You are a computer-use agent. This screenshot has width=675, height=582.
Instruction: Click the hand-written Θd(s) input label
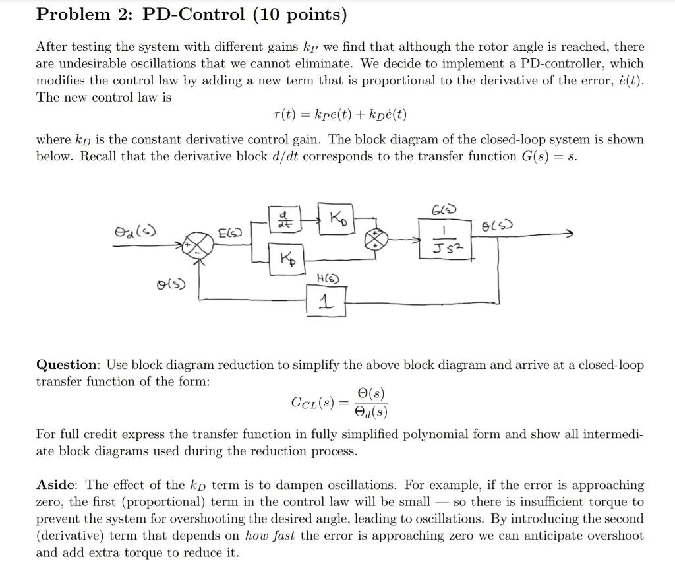click(x=134, y=230)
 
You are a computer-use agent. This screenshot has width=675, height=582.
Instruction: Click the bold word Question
click(x=67, y=365)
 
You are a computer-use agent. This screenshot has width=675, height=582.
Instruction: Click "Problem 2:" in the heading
click(x=80, y=14)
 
